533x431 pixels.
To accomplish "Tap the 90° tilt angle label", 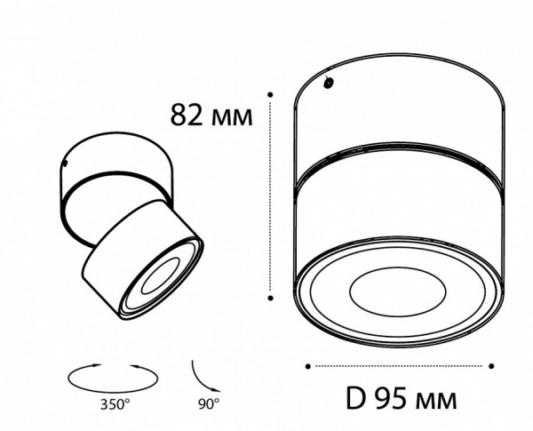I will (x=208, y=403).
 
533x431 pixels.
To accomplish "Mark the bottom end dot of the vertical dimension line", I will (x=270, y=299).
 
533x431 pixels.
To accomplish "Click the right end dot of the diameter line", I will (x=491, y=365).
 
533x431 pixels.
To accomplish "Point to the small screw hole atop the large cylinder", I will (x=329, y=84).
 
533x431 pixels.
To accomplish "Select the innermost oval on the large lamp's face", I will (x=396, y=291).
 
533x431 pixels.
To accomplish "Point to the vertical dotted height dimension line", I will (x=270, y=196).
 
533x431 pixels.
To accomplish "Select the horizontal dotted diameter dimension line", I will (x=399, y=365).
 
